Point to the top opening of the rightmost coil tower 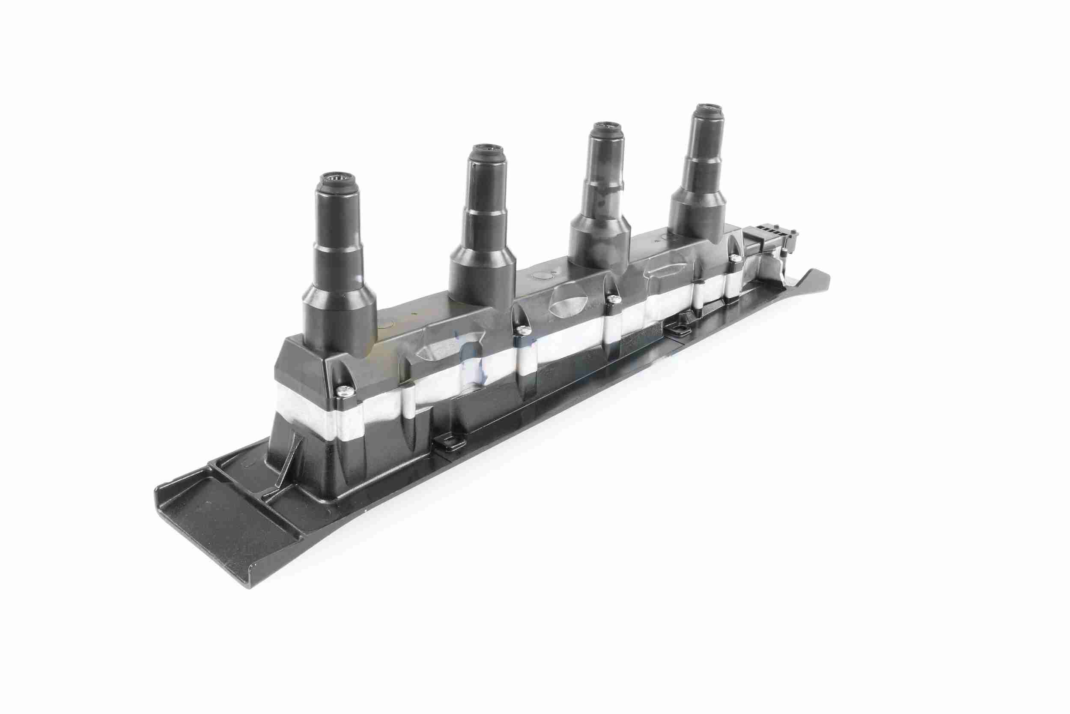coord(706,109)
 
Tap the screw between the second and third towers coord(521,329)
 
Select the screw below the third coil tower coord(614,299)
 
